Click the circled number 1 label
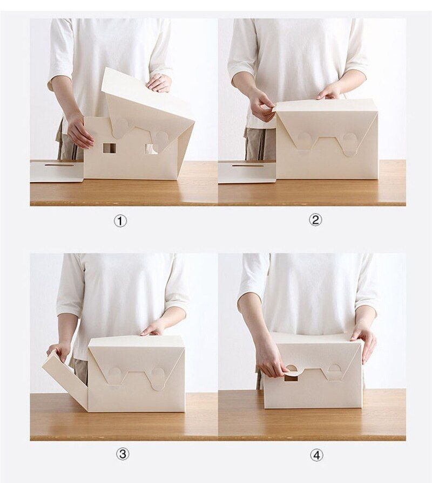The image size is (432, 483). (121, 220)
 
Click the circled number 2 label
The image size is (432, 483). (315, 220)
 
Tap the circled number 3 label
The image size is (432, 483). (123, 454)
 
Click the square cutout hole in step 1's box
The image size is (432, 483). (110, 148)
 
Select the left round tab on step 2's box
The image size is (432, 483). (305, 140)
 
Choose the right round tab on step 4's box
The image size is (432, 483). (335, 370)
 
